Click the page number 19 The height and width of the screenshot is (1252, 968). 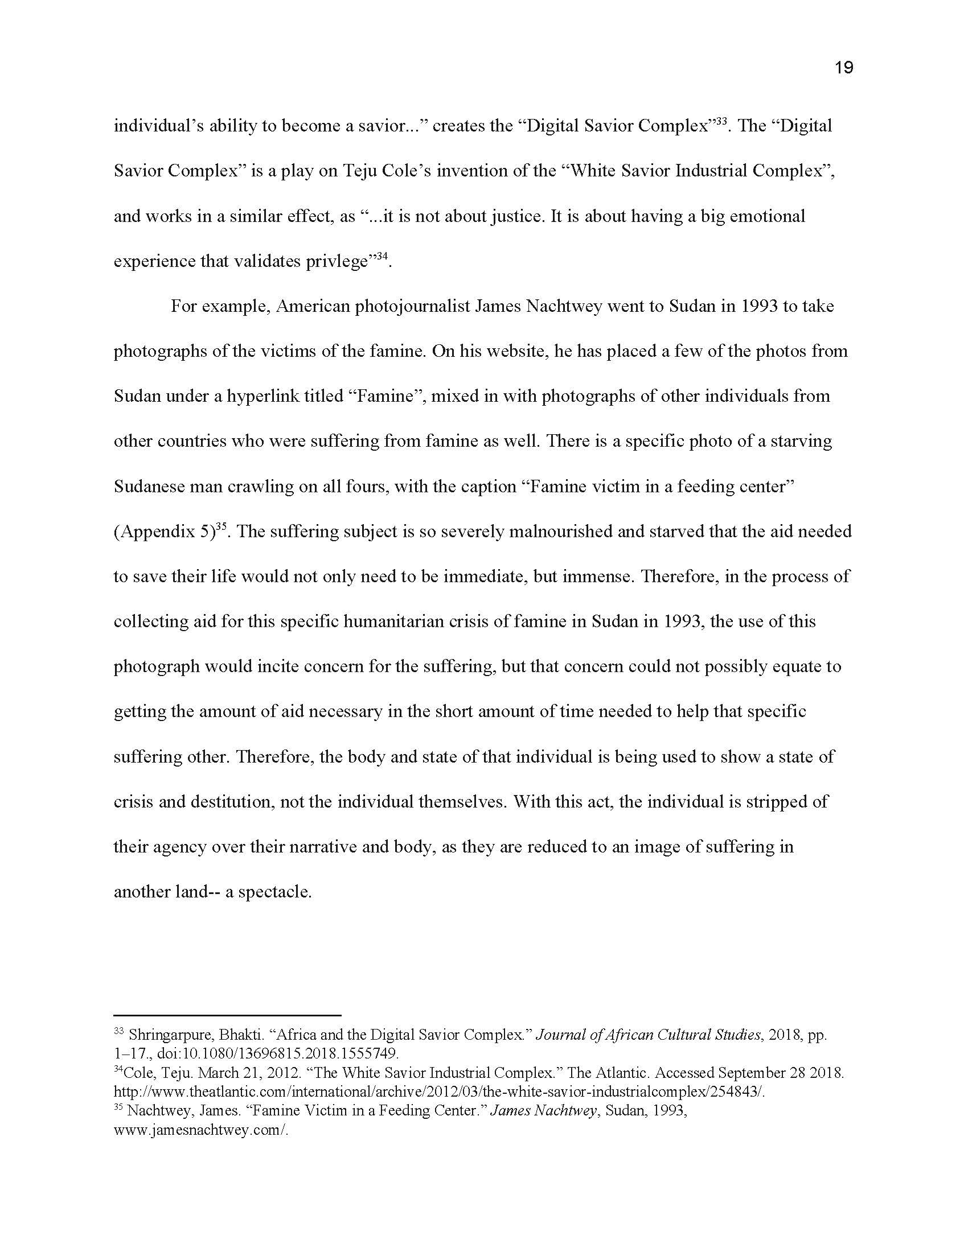pos(843,68)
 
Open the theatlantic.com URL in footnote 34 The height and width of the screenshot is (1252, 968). pos(438,1092)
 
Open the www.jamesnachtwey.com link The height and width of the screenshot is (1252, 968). pos(200,1130)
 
